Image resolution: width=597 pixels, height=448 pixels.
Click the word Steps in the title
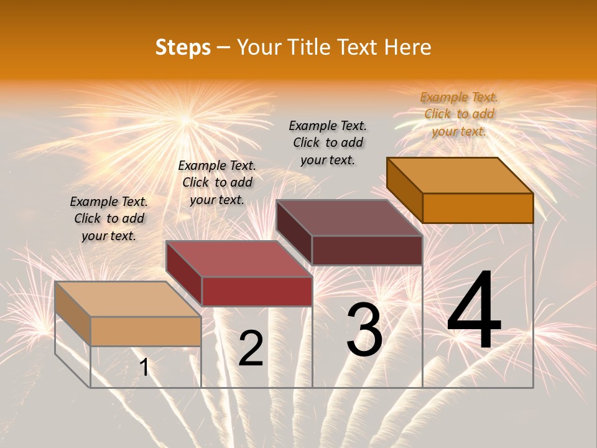[183, 48]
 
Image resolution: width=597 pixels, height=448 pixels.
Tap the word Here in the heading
[408, 48]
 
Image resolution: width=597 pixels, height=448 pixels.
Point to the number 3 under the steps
[364, 330]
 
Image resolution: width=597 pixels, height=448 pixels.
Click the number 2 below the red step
[251, 348]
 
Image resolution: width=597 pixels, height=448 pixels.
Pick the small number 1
[144, 368]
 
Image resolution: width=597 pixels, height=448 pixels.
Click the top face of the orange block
[460, 175]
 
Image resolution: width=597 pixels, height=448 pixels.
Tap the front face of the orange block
[478, 208]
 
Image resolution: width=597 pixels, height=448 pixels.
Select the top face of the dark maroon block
[349, 218]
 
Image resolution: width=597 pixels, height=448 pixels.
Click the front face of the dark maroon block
[367, 250]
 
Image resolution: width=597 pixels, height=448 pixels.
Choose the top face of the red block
[239, 259]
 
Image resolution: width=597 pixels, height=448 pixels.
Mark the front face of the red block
[257, 291]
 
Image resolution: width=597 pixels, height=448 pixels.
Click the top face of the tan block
[128, 299]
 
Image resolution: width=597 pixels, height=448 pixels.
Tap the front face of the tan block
[146, 331]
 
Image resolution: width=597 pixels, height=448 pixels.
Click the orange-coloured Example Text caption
[459, 114]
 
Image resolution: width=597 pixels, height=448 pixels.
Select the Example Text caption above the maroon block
[328, 142]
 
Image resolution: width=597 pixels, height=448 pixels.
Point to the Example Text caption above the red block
[217, 182]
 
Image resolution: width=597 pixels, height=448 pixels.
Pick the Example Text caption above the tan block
[109, 218]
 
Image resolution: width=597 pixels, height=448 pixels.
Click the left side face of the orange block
[404, 190]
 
